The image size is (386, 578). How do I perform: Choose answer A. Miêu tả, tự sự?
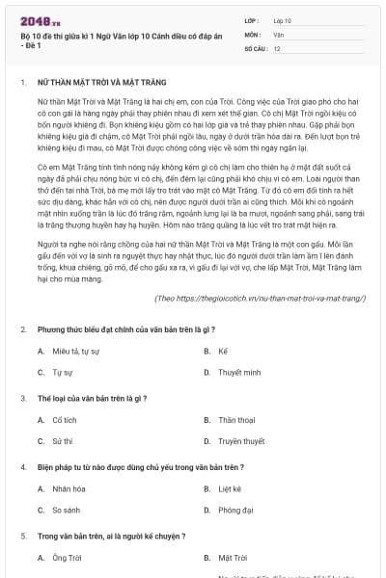coord(76,352)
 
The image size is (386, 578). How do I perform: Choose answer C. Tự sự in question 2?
coord(62,372)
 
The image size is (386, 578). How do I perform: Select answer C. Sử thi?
coord(62,440)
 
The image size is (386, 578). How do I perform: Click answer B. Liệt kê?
coord(229,488)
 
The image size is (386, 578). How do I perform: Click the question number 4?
coord(22,466)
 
